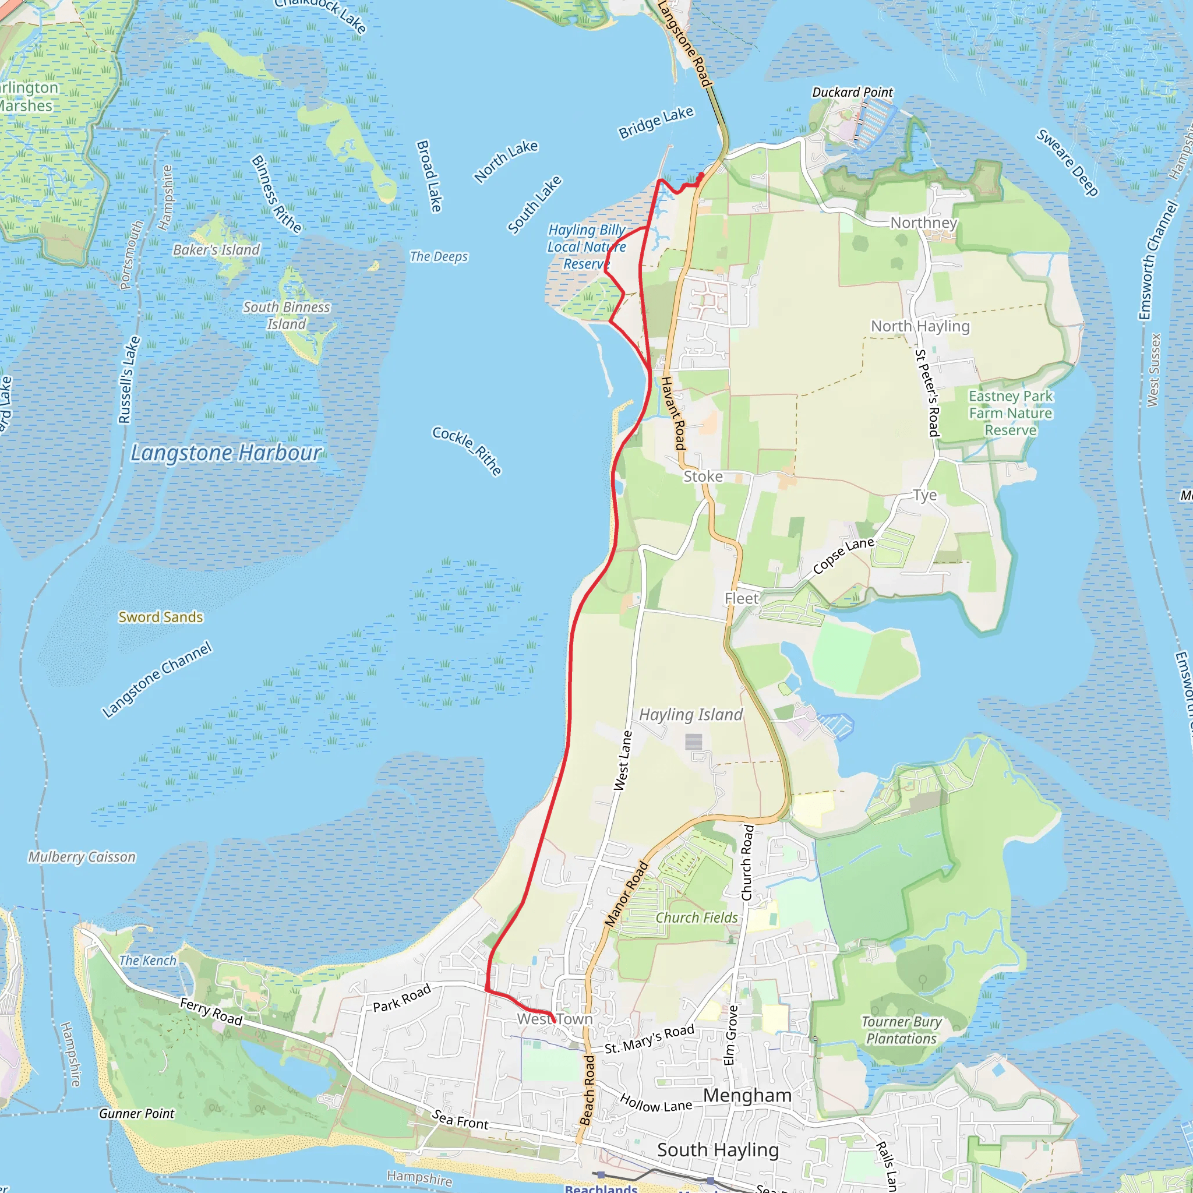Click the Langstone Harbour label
click(x=226, y=453)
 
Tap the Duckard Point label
click(x=852, y=93)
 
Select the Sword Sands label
click(x=161, y=617)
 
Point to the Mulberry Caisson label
click(x=82, y=857)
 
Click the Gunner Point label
click(x=136, y=1113)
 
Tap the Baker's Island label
click(x=216, y=249)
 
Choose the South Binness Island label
click(x=287, y=316)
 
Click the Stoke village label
click(x=703, y=476)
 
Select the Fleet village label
click(x=741, y=598)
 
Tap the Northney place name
click(x=923, y=223)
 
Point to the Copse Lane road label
click(x=843, y=555)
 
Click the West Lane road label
click(x=623, y=761)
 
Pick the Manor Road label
click(x=626, y=894)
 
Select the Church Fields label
click(x=697, y=917)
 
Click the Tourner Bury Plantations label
click(x=902, y=1030)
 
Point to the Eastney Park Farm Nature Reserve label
click(x=1010, y=412)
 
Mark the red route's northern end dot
click(x=700, y=176)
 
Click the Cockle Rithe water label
click(x=467, y=451)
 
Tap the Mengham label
click(x=747, y=1096)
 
